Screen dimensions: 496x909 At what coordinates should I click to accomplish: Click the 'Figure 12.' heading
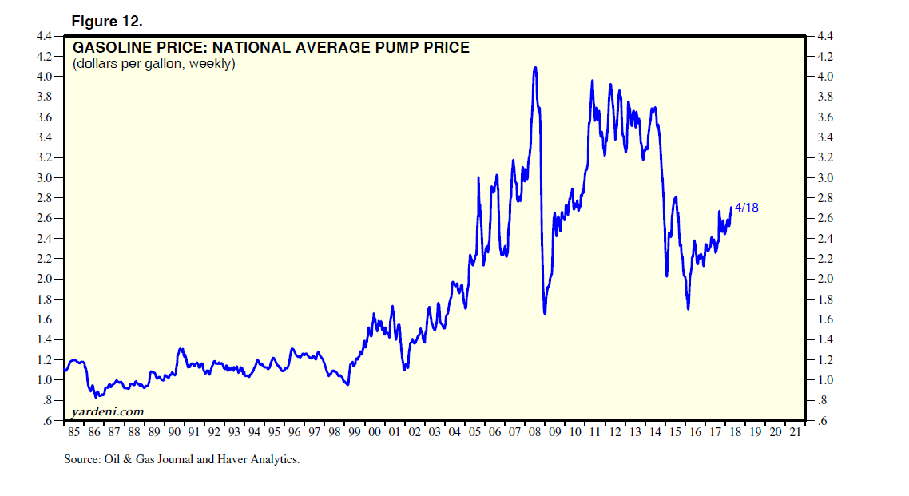pos(107,21)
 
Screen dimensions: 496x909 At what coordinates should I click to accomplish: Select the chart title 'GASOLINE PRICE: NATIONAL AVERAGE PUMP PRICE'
pos(271,48)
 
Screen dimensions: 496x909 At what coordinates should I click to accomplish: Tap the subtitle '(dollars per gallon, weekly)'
pos(153,63)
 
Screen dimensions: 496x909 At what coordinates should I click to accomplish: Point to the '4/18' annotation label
pos(746,207)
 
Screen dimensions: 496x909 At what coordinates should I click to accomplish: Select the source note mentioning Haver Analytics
pos(181,459)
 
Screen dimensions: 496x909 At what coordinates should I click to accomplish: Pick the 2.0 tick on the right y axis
pos(826,279)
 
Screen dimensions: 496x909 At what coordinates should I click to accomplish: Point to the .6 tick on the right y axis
pos(824,421)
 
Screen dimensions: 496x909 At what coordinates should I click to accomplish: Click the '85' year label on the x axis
pos(73,432)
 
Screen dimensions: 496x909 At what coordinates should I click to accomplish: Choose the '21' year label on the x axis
pos(795,432)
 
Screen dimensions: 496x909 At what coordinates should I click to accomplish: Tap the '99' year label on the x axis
pos(354,432)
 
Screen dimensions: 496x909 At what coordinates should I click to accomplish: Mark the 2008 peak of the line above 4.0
pos(534,67)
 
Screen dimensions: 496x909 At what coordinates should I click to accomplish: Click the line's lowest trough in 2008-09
pos(545,313)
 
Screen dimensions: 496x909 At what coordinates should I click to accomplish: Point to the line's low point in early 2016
pos(688,308)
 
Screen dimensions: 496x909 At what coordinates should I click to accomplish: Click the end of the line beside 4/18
pos(731,208)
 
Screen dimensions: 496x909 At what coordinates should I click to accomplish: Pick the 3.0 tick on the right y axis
pos(826,177)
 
